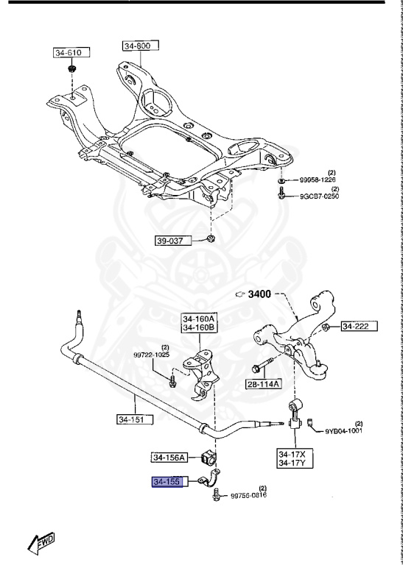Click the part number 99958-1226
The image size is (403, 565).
[318, 180]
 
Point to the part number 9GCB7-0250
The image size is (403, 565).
[318, 196]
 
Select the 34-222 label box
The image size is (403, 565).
[360, 326]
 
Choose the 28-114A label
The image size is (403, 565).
[264, 384]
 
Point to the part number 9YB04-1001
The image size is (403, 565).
[344, 431]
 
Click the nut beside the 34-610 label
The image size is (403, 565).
[71, 70]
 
